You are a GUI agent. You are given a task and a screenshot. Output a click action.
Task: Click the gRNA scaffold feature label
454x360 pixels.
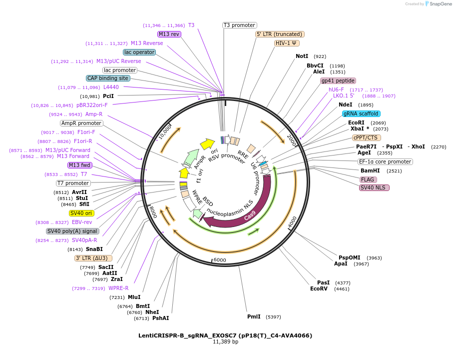click(361, 113)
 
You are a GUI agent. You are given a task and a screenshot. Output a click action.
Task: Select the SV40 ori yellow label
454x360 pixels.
click(81, 213)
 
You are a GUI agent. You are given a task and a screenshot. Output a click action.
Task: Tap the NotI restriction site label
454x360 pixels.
click(302, 56)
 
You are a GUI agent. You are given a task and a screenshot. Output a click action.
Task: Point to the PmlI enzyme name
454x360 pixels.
click(254, 316)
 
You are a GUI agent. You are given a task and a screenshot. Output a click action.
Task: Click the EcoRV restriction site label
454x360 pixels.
click(319, 288)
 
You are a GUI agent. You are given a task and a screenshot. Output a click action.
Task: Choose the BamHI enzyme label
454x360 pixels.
click(370, 170)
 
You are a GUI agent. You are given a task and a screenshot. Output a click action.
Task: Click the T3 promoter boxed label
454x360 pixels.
click(240, 25)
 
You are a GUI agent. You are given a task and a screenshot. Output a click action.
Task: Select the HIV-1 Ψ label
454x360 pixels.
click(287, 43)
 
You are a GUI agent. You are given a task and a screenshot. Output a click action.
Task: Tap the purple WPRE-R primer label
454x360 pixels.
click(118, 288)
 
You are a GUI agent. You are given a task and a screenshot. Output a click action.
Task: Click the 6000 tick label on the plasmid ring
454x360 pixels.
click(220, 260)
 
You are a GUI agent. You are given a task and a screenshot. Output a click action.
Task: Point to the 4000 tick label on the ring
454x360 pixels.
click(293, 222)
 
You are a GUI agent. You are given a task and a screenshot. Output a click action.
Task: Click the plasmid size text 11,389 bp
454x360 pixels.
click(226, 341)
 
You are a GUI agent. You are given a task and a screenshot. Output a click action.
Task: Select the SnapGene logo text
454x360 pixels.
click(441, 4)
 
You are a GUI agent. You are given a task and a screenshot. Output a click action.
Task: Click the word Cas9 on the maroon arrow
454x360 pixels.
click(250, 215)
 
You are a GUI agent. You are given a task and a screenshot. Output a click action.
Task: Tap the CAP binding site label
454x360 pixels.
click(108, 78)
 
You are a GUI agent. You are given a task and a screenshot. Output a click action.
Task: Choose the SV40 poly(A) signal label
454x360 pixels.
click(72, 231)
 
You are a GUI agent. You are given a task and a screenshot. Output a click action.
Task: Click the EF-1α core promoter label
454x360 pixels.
click(385, 161)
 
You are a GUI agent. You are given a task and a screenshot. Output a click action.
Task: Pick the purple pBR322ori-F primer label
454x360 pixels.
click(92, 105)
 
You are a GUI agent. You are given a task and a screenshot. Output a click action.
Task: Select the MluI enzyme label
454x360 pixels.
click(134, 297)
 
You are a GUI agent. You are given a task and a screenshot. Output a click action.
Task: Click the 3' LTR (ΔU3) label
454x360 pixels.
click(93, 258)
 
